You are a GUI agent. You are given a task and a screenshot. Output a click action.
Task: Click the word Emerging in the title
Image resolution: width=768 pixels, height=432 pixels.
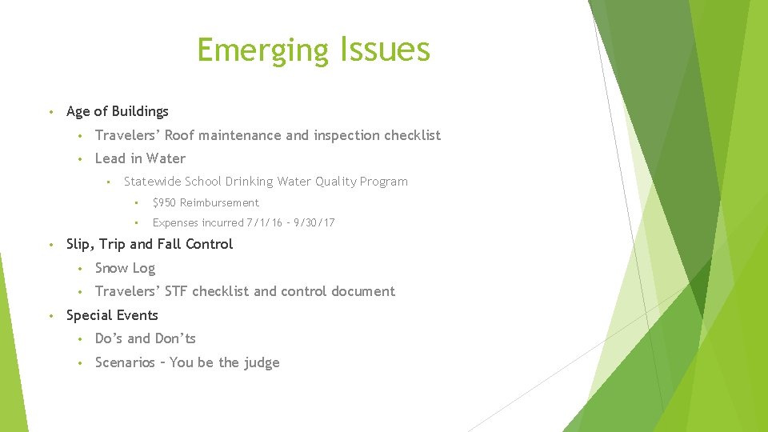pos(262,50)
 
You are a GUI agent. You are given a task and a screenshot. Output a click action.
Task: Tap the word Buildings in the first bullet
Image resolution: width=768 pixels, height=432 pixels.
pos(140,111)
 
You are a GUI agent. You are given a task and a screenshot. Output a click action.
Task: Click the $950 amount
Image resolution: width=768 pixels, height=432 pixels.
pos(164,203)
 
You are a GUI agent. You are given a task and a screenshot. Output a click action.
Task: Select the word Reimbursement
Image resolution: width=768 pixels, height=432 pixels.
pos(219,203)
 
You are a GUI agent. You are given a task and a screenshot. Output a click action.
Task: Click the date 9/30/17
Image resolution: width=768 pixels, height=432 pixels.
pos(314,223)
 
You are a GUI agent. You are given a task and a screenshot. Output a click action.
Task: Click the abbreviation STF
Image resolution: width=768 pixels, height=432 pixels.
pos(176,291)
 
